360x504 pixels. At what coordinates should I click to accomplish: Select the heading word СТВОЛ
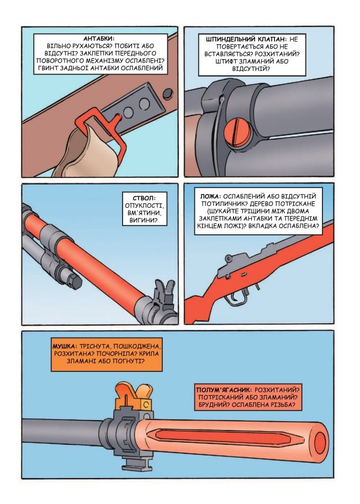145,198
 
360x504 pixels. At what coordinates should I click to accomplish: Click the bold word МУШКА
65,347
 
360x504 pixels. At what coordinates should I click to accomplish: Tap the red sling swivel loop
102,129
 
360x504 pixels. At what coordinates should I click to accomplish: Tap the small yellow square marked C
146,404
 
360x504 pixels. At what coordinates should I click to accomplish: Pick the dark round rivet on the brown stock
168,94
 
